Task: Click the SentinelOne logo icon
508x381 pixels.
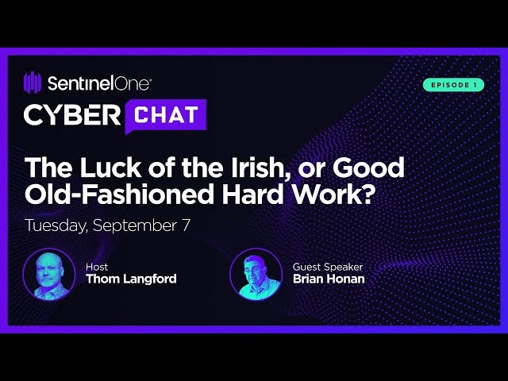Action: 33,83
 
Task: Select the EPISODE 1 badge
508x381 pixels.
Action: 452,85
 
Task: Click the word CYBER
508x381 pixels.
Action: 72,115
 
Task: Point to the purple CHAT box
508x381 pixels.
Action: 166,115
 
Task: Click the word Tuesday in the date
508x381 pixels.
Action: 56,225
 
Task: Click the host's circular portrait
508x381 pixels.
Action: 49,275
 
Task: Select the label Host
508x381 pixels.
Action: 96,267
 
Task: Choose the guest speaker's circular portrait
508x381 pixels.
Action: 256,275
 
